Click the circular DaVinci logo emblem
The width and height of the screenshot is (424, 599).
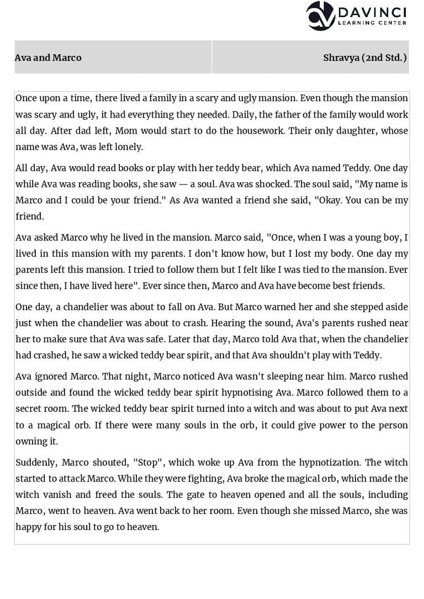click(320, 15)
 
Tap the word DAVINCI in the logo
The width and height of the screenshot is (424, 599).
click(372, 12)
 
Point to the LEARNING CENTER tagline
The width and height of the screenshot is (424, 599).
click(372, 23)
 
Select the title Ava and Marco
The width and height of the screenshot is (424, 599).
click(48, 57)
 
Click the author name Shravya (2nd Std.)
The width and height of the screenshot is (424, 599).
click(365, 57)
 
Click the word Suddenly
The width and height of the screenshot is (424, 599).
click(36, 462)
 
